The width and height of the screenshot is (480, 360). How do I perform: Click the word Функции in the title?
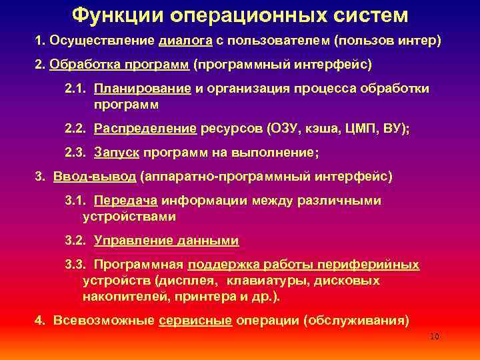(x=111, y=15)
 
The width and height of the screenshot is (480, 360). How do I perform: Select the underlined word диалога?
(x=185, y=41)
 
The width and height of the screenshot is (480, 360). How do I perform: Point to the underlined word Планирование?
(x=143, y=89)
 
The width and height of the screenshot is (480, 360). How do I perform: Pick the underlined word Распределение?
(x=145, y=129)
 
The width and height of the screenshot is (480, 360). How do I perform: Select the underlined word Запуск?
(x=117, y=153)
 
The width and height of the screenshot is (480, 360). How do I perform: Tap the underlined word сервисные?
(x=195, y=320)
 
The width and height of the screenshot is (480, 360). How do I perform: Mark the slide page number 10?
(x=435, y=337)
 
